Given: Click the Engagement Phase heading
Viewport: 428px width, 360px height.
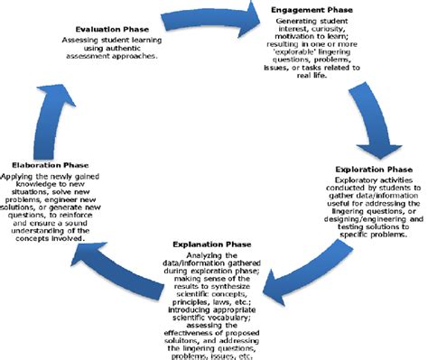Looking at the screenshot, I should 312,9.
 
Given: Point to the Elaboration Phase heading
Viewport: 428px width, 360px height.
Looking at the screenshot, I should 51,165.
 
